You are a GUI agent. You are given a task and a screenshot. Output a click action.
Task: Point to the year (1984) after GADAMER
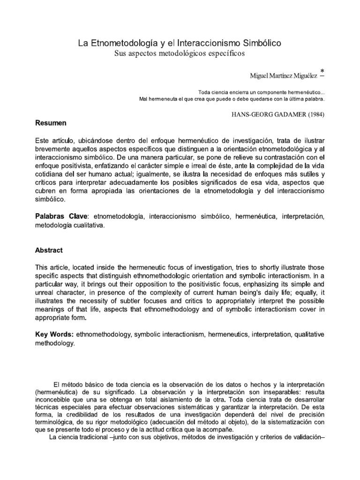click(311, 113)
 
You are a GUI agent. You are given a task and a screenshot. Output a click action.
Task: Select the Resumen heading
click(51, 123)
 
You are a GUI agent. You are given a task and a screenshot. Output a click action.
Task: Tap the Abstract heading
click(49, 250)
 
